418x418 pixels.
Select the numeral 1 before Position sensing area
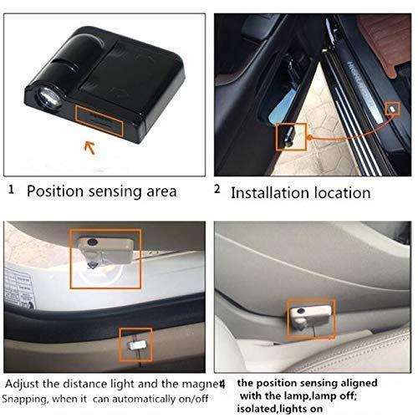point(12,190)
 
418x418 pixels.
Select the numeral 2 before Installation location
point(217,190)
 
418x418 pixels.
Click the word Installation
point(269,192)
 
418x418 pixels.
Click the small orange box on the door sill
point(392,108)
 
